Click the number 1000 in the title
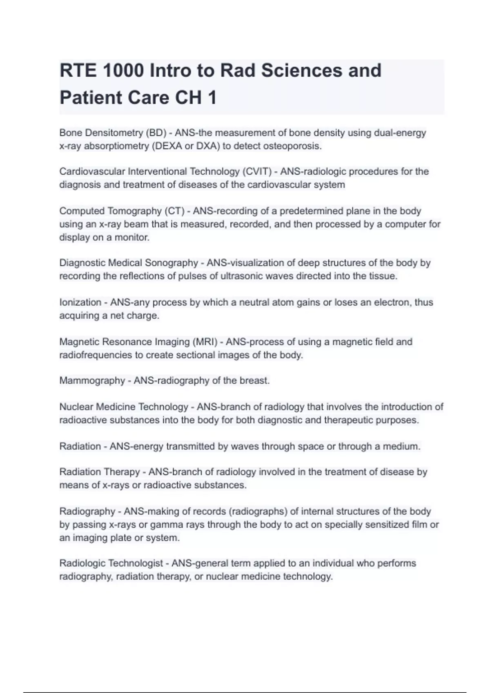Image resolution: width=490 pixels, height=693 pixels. [123, 71]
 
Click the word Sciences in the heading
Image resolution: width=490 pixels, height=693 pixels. [302, 71]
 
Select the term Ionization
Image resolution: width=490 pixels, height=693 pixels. [80, 302]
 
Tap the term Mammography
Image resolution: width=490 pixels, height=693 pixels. [92, 381]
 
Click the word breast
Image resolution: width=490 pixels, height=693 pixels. [254, 381]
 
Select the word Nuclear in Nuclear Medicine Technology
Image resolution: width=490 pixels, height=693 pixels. [77, 407]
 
